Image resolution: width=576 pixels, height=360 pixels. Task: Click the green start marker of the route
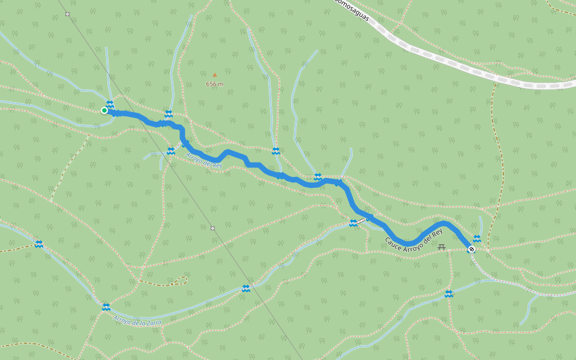click(x=104, y=110)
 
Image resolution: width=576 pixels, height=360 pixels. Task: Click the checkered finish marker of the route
click(x=472, y=248)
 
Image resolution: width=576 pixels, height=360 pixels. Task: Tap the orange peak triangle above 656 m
click(x=215, y=75)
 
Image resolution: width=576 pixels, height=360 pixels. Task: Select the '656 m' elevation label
click(x=215, y=84)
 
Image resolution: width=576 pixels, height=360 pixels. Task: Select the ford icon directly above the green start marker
click(x=110, y=104)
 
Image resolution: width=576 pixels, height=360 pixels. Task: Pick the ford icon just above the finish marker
click(x=477, y=238)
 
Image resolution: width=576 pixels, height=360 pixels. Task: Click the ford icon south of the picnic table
click(x=449, y=293)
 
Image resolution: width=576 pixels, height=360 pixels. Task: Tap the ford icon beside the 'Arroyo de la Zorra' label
click(x=106, y=307)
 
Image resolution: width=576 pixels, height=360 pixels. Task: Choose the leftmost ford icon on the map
click(x=39, y=244)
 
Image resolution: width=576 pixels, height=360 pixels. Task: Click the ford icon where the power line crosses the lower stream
click(x=246, y=289)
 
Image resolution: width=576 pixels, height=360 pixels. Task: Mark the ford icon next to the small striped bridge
click(x=353, y=223)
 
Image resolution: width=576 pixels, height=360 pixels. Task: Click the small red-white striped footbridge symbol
click(x=361, y=221)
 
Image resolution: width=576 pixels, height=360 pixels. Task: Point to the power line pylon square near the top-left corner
click(x=67, y=13)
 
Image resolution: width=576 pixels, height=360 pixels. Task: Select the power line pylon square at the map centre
click(x=212, y=228)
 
